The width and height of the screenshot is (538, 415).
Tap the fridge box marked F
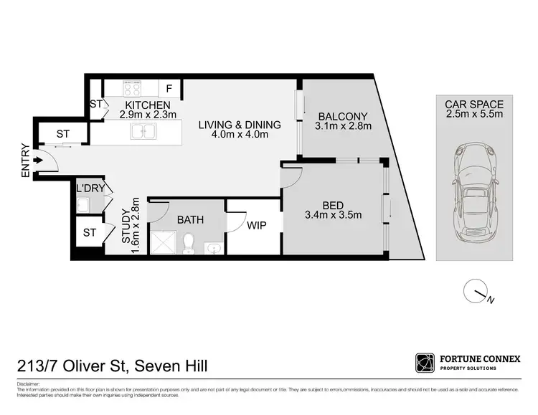point(169,89)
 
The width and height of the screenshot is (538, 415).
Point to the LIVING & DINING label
point(239,125)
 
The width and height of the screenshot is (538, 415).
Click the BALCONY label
point(342,117)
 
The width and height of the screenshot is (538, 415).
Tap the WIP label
point(257,225)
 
